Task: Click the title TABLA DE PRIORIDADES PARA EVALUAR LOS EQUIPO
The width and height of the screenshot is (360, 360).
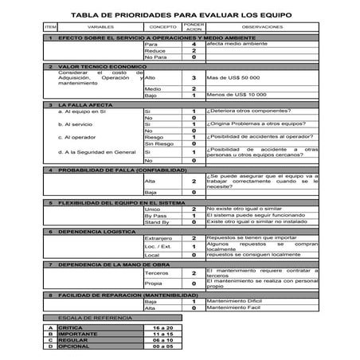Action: [x=181, y=14]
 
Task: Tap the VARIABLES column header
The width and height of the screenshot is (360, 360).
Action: [x=95, y=26]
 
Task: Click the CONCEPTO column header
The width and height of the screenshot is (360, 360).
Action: [x=162, y=26]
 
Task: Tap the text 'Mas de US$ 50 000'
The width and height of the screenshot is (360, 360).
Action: [x=233, y=77]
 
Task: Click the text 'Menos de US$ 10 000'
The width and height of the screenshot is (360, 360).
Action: [x=236, y=95]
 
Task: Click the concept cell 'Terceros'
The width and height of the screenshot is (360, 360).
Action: [x=157, y=272]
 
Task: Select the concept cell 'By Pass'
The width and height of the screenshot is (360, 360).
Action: [x=155, y=215]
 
